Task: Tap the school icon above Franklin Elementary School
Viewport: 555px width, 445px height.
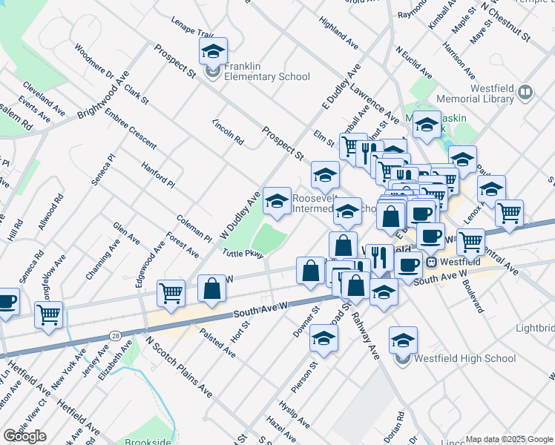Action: pos(213,51)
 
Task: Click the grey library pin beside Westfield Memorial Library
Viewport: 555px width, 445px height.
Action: pos(525,92)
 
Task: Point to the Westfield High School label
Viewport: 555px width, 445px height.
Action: pos(466,359)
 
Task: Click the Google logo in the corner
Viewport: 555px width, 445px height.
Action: pos(24,436)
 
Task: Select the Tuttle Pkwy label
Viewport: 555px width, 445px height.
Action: pos(242,254)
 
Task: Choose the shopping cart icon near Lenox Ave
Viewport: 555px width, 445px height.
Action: pos(509,213)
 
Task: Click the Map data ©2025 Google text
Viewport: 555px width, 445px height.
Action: pos(509,439)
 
